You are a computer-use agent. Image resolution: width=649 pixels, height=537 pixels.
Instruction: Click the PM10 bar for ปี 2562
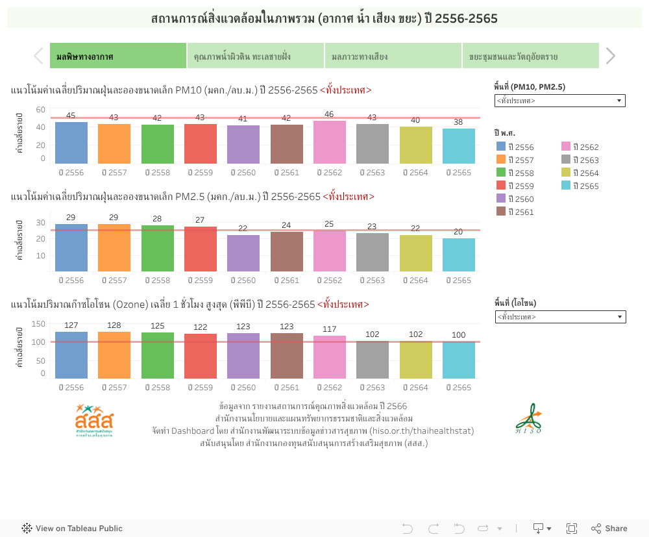[330, 142]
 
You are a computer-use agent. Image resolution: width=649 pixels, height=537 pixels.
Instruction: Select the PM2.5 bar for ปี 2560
[243, 253]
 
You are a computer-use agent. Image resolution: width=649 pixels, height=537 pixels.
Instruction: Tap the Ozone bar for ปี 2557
[114, 355]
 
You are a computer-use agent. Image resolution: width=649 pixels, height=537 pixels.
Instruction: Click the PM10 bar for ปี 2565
[458, 146]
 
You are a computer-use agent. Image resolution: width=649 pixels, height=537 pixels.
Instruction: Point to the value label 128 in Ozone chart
[114, 325]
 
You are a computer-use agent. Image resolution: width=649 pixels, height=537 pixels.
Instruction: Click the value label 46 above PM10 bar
[330, 114]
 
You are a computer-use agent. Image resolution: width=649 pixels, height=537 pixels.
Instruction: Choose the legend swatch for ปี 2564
[566, 173]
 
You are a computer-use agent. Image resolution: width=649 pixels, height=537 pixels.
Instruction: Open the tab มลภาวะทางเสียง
[393, 56]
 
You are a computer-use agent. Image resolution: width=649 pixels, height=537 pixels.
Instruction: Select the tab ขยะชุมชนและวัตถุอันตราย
[530, 56]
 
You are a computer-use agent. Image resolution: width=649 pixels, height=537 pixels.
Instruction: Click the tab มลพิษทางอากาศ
[118, 56]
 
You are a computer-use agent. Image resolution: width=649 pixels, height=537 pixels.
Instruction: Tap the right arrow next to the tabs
[610, 56]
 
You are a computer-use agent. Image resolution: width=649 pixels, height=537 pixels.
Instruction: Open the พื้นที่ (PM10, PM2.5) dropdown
[559, 101]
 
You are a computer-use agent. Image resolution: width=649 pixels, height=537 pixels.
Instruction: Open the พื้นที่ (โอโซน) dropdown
[559, 317]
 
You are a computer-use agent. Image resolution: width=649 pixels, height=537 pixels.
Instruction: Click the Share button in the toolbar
[609, 529]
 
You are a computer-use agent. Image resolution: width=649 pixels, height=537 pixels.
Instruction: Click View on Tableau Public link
[72, 529]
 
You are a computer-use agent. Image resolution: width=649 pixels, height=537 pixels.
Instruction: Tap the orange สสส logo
[93, 420]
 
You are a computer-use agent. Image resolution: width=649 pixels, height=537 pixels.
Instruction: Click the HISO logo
[529, 419]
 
